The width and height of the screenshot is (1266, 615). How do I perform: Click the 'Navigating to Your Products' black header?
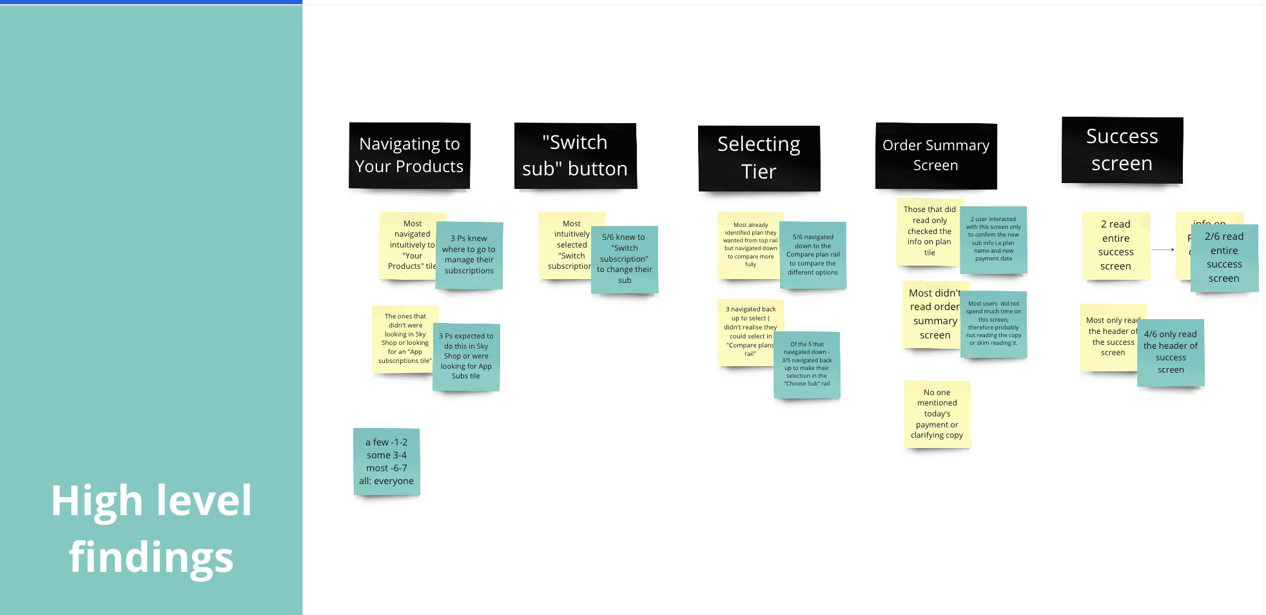409,155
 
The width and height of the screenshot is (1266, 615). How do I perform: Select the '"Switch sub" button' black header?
575,155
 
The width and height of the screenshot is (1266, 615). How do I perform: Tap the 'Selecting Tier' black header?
759,158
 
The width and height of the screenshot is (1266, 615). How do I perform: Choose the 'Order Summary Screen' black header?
935,155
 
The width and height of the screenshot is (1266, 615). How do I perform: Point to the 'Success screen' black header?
1122,150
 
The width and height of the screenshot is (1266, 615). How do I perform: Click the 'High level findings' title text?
151,529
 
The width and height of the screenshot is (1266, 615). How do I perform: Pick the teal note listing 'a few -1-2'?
387,462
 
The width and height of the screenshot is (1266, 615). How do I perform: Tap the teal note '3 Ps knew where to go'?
469,255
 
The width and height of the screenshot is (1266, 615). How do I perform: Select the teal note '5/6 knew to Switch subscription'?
624,259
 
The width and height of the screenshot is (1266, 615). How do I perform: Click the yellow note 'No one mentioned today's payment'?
937,414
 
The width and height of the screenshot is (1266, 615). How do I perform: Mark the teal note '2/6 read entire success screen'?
1224,258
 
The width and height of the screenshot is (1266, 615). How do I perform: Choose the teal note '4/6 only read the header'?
1171,353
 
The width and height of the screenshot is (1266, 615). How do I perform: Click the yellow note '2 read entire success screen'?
1116,246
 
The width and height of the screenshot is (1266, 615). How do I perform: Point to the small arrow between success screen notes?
1163,249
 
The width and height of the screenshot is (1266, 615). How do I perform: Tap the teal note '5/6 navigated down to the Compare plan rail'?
813,255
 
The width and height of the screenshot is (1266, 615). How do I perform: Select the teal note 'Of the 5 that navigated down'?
807,364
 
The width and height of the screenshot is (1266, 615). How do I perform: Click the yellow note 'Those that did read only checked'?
929,231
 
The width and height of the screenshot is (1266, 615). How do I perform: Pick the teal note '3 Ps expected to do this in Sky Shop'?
466,356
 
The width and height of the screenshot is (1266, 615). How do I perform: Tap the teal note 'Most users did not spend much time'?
993,324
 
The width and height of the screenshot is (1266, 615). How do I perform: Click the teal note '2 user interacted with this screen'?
993,239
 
